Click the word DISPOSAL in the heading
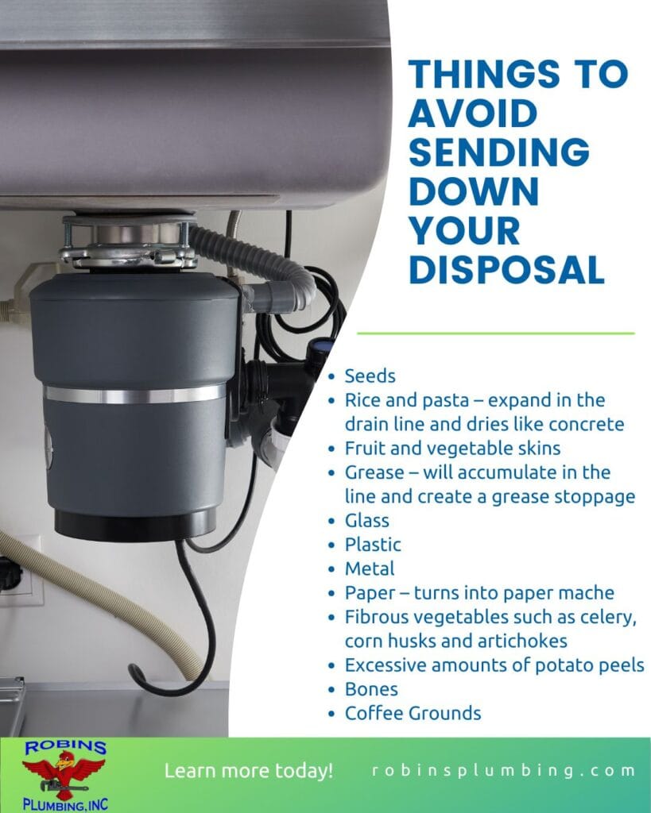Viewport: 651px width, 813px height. pos(506,270)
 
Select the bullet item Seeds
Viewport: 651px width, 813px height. pos(370,376)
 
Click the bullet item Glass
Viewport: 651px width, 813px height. pos(366,521)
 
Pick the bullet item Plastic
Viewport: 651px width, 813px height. pos(373,545)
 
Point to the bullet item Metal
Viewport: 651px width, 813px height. pos(370,568)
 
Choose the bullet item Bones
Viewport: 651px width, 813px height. pos(371,688)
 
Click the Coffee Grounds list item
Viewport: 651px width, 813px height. pos(413,713)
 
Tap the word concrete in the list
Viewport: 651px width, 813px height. pos(587,424)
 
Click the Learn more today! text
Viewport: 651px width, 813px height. pos(249,771)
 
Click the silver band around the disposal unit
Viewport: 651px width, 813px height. pos(134,394)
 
